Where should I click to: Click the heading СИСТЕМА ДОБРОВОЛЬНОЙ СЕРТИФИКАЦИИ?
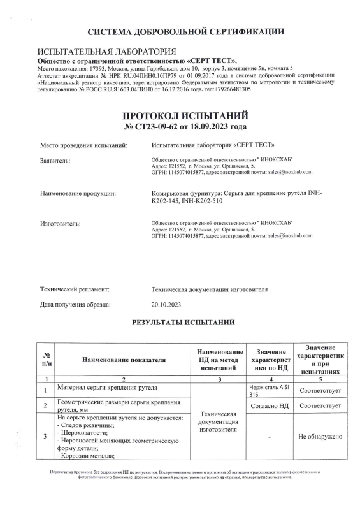point(185,31)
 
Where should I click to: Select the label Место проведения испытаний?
point(83,145)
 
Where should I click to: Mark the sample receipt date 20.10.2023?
point(167,305)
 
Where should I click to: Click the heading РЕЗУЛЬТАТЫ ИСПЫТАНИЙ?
point(184,323)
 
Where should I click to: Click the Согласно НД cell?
point(273,405)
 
